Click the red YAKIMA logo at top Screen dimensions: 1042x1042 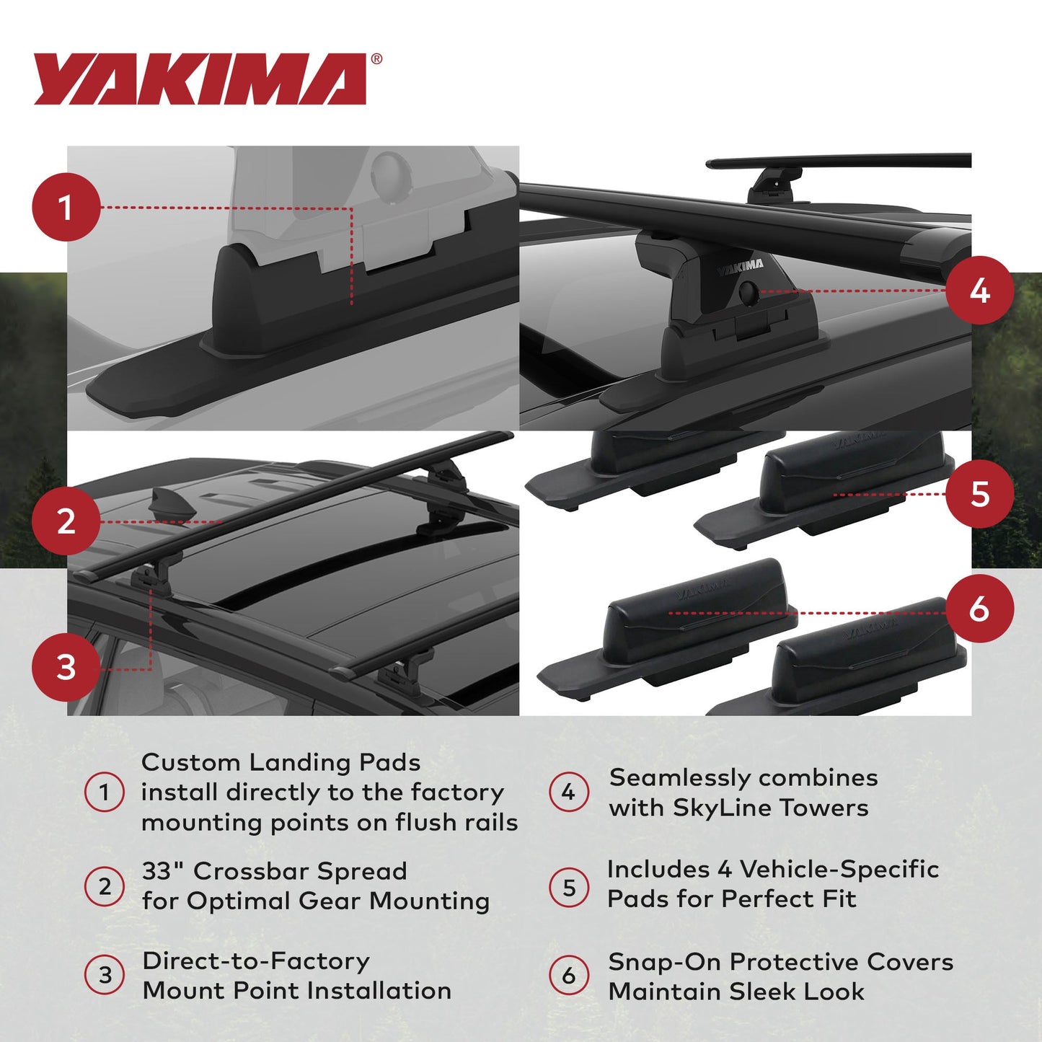(x=200, y=79)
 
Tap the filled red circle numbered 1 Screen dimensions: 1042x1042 (x=66, y=208)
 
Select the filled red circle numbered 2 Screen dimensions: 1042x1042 (x=66, y=521)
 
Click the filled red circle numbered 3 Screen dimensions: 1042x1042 (x=66, y=667)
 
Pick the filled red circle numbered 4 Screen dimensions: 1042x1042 (x=979, y=291)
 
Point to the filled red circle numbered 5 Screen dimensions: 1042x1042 (x=979, y=494)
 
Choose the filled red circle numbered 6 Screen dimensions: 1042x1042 (x=979, y=609)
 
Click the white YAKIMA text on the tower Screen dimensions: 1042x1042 (x=740, y=267)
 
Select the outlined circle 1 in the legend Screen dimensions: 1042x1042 (x=105, y=792)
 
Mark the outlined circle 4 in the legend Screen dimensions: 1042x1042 (x=569, y=792)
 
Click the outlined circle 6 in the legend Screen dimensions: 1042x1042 (x=569, y=976)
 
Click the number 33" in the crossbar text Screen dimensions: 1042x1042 (x=163, y=871)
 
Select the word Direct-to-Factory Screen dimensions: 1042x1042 (x=256, y=961)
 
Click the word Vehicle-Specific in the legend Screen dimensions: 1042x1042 (x=839, y=870)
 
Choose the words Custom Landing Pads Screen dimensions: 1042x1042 (x=281, y=762)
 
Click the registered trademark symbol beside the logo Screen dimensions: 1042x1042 (x=376, y=60)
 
